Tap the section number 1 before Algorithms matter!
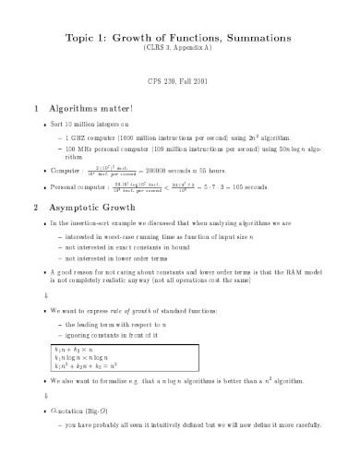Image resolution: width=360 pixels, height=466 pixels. coord(34,106)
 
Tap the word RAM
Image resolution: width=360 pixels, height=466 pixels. coord(296,270)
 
